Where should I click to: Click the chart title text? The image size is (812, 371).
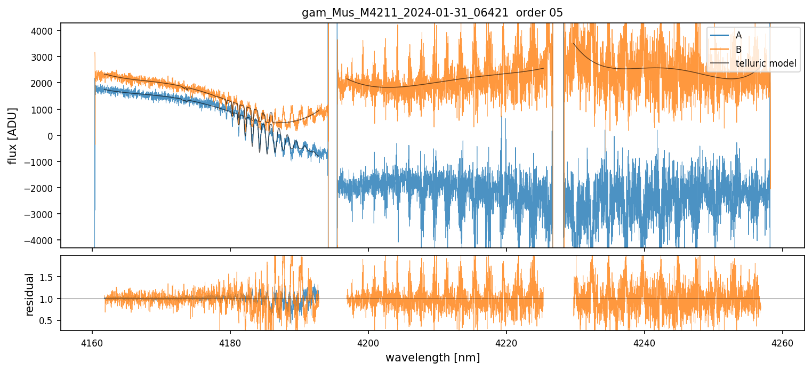point(432,12)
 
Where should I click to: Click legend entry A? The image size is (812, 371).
point(738,35)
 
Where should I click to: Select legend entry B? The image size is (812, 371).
point(738,50)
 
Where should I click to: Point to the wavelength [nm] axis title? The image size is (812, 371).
point(432,357)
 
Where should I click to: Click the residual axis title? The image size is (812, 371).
point(30,294)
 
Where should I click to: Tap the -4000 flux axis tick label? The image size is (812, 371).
point(42,240)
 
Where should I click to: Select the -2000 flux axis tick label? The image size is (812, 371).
point(42,188)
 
